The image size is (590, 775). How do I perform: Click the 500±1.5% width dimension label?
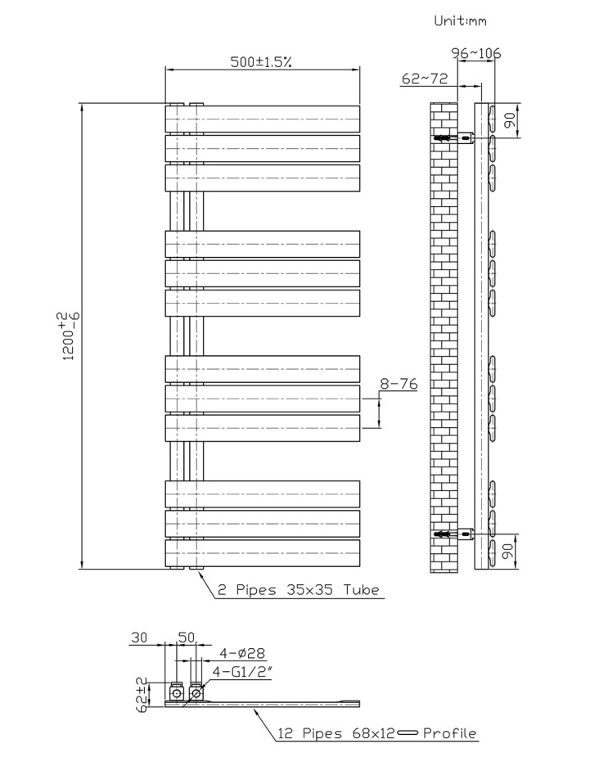(x=261, y=61)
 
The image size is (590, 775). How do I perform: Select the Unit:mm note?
(x=460, y=20)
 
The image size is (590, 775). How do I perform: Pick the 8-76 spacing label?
(x=399, y=384)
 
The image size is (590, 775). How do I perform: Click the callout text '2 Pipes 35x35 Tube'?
(x=299, y=590)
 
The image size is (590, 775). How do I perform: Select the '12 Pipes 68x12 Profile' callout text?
(x=377, y=733)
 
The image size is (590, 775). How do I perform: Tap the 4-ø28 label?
(x=242, y=653)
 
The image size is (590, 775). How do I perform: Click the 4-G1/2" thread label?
(x=242, y=672)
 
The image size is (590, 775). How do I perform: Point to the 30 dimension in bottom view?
(x=139, y=638)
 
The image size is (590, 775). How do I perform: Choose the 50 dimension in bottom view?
(x=187, y=638)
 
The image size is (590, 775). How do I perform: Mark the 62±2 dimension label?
(x=143, y=695)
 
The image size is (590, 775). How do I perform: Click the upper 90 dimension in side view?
(x=510, y=120)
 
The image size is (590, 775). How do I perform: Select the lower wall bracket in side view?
(x=454, y=534)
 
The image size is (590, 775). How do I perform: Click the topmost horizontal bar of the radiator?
(x=263, y=119)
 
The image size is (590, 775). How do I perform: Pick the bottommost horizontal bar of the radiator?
(x=263, y=553)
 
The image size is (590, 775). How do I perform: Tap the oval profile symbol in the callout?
(x=408, y=733)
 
